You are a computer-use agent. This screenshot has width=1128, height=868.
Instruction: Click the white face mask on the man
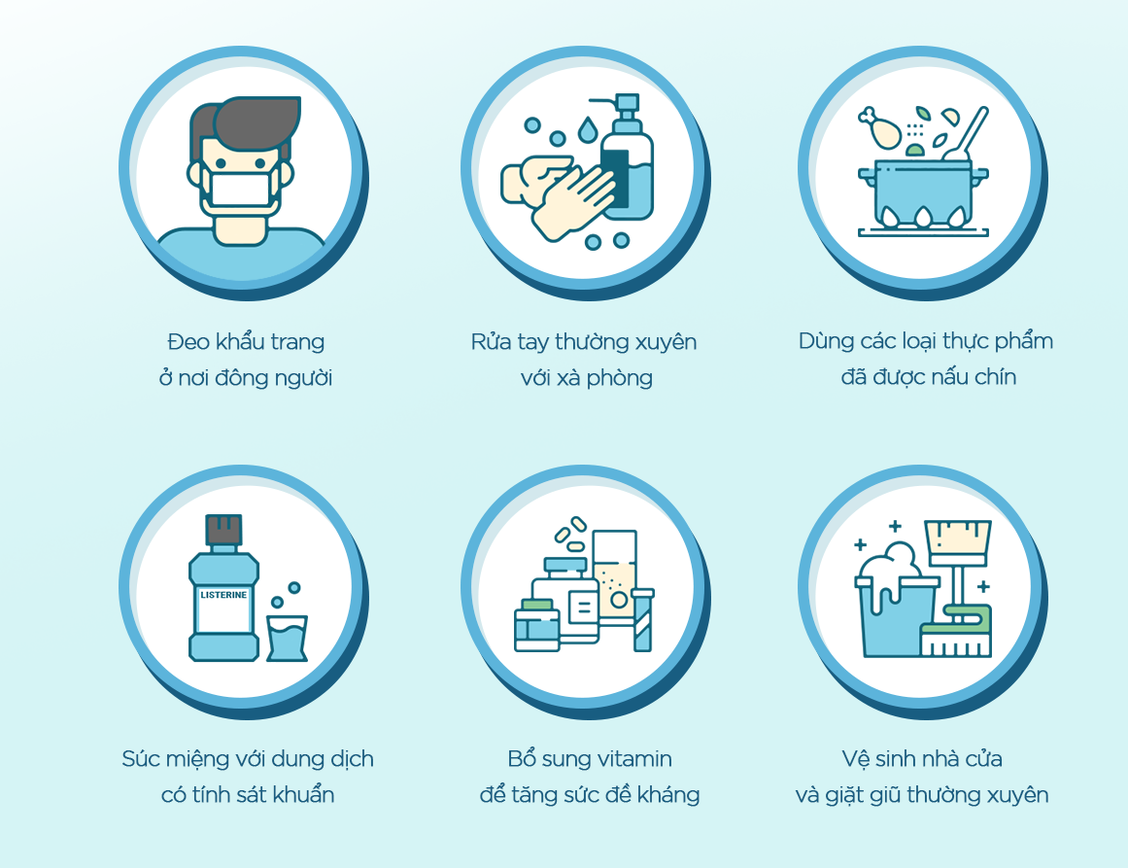point(240,189)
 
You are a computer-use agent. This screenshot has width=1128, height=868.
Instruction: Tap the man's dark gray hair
point(248,123)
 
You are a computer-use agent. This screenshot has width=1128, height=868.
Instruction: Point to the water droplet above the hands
point(588,130)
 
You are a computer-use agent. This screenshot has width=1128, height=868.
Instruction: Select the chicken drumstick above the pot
point(879,126)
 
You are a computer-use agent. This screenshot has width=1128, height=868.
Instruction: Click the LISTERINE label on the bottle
point(223,595)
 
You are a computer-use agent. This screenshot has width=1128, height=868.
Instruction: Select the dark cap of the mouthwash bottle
point(223,531)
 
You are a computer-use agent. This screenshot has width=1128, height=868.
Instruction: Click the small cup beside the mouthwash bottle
point(287,638)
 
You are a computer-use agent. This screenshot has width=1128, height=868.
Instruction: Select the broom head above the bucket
point(958,542)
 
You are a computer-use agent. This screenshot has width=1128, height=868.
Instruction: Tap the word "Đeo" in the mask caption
point(186,341)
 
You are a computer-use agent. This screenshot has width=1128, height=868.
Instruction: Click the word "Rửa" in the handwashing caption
point(492,341)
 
